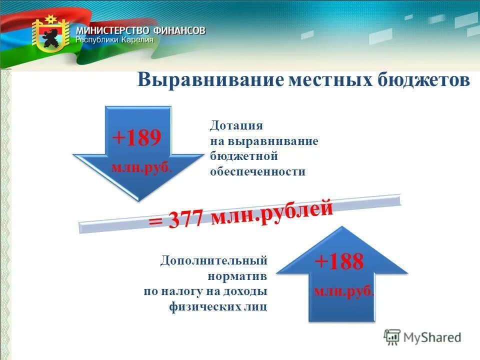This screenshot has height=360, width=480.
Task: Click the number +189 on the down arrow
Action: [x=136, y=138]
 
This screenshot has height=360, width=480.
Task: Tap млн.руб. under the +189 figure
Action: [x=141, y=167]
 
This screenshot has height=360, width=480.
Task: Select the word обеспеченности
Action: [x=257, y=171]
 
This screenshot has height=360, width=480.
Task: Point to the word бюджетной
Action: [x=243, y=156]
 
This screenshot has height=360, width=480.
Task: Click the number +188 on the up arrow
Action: [x=339, y=261]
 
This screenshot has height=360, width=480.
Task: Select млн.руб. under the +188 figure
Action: [x=343, y=291]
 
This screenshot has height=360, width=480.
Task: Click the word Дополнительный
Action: [x=214, y=260]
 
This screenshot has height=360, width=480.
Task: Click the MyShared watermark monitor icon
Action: [x=392, y=337]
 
